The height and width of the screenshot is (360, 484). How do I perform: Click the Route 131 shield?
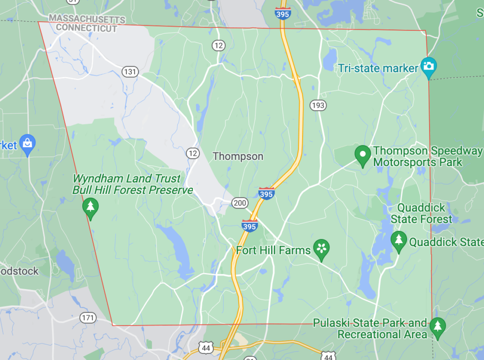[130, 72]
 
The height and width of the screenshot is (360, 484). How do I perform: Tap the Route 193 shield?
[318, 105]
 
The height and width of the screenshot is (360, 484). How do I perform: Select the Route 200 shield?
[240, 203]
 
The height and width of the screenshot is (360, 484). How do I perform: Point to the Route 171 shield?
[88, 317]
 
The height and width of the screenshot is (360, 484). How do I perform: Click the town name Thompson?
[238, 156]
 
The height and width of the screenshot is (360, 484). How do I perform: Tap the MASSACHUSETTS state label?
[87, 19]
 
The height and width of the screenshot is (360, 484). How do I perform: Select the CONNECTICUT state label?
[86, 28]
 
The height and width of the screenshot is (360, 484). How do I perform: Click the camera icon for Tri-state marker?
[429, 67]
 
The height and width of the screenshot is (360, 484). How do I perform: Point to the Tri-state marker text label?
[378, 68]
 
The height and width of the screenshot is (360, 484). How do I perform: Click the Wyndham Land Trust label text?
[126, 179]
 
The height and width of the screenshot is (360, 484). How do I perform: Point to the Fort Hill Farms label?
[273, 250]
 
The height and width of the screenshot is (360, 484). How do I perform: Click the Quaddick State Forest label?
[421, 213]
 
